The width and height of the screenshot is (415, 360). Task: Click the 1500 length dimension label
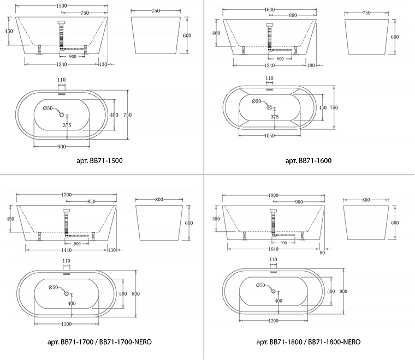pos(62,6)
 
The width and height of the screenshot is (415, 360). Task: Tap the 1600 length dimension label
pos(269,10)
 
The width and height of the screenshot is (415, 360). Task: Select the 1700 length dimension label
pos(67,195)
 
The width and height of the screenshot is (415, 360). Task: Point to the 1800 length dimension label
pos(274,195)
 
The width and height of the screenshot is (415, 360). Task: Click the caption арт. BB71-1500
pos(99,161)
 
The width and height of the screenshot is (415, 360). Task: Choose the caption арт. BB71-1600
pos(309,161)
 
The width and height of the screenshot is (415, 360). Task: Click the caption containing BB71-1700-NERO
pos(99,342)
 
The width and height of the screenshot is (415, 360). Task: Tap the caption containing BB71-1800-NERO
pos(309,342)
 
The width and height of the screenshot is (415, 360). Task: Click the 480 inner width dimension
pos(114,115)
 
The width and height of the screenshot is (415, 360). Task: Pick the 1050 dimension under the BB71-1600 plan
pos(269,136)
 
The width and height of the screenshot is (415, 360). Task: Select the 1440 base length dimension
pos(67,250)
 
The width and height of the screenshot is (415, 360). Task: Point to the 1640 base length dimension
pos(273,249)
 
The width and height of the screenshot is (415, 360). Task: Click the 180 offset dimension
pos(311,65)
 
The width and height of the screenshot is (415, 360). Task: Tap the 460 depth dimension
pos(216,33)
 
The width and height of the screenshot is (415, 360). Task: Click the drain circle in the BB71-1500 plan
pos(62,115)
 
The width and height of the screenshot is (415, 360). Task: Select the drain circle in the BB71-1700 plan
pos(66,293)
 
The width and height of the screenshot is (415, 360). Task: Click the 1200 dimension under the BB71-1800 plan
pos(273,321)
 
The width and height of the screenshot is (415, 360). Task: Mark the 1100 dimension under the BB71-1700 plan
pos(66,324)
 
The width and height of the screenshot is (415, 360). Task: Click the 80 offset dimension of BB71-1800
pos(322,253)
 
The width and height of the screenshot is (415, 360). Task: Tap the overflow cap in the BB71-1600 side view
pos(270,26)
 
